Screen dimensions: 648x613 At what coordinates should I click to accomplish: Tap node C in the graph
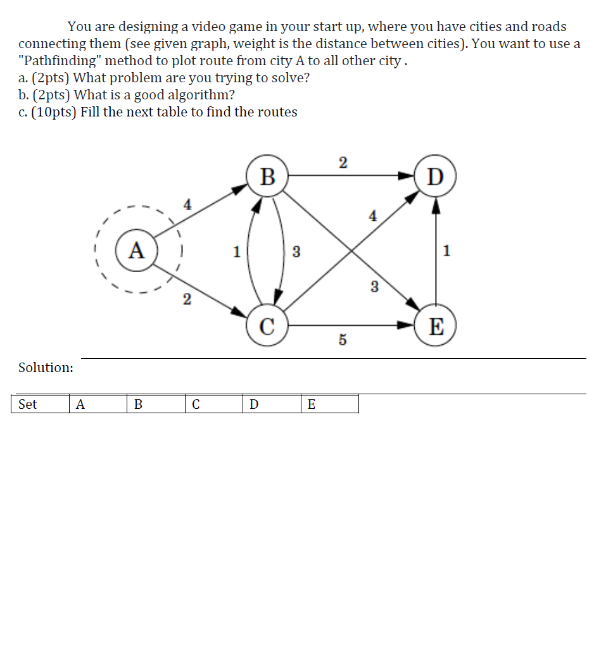point(267,327)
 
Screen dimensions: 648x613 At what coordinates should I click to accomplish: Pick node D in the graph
point(435,177)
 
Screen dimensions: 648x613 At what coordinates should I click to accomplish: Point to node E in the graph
point(435,327)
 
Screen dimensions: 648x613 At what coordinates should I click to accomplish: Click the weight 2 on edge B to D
point(343,163)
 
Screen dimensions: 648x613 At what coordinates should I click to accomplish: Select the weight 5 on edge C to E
point(343,340)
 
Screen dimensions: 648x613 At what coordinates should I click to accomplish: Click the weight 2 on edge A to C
point(186,299)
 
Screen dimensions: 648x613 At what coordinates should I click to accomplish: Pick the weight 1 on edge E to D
point(447,251)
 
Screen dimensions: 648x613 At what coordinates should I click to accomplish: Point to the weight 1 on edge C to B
point(236,252)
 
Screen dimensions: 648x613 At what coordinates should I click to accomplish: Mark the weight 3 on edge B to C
point(296,252)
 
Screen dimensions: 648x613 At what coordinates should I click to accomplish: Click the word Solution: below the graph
point(46,368)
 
